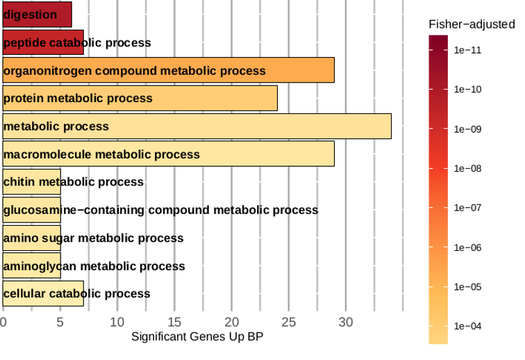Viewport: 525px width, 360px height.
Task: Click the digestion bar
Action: click(x=37, y=15)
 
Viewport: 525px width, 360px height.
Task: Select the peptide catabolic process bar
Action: click(x=43, y=42)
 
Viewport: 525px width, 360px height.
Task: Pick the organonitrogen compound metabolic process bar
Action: click(x=169, y=70)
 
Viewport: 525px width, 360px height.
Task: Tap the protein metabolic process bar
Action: click(x=140, y=98)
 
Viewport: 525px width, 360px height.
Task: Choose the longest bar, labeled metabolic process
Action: click(x=197, y=126)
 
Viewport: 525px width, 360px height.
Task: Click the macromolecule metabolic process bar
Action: click(x=169, y=154)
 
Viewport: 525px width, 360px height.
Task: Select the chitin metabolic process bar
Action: click(x=31, y=181)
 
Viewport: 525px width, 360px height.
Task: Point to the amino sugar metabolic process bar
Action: click(x=31, y=238)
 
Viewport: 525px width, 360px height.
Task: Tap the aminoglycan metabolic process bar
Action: click(x=31, y=265)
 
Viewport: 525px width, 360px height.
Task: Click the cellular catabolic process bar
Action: click(x=43, y=294)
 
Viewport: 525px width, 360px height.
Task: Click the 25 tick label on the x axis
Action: click(x=289, y=322)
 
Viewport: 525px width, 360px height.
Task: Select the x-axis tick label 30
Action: click(x=346, y=322)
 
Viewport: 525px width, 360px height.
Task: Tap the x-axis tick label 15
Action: click(x=174, y=322)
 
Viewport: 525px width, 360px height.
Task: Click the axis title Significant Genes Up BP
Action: click(x=197, y=336)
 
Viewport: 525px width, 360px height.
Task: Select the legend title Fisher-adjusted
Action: click(x=472, y=24)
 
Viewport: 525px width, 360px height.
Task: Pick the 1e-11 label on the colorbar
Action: click(x=468, y=50)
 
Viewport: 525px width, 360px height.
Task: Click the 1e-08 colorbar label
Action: click(x=468, y=168)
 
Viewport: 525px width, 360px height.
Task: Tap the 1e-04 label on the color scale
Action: click(x=468, y=326)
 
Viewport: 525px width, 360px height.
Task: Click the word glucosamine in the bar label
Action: click(x=40, y=210)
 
